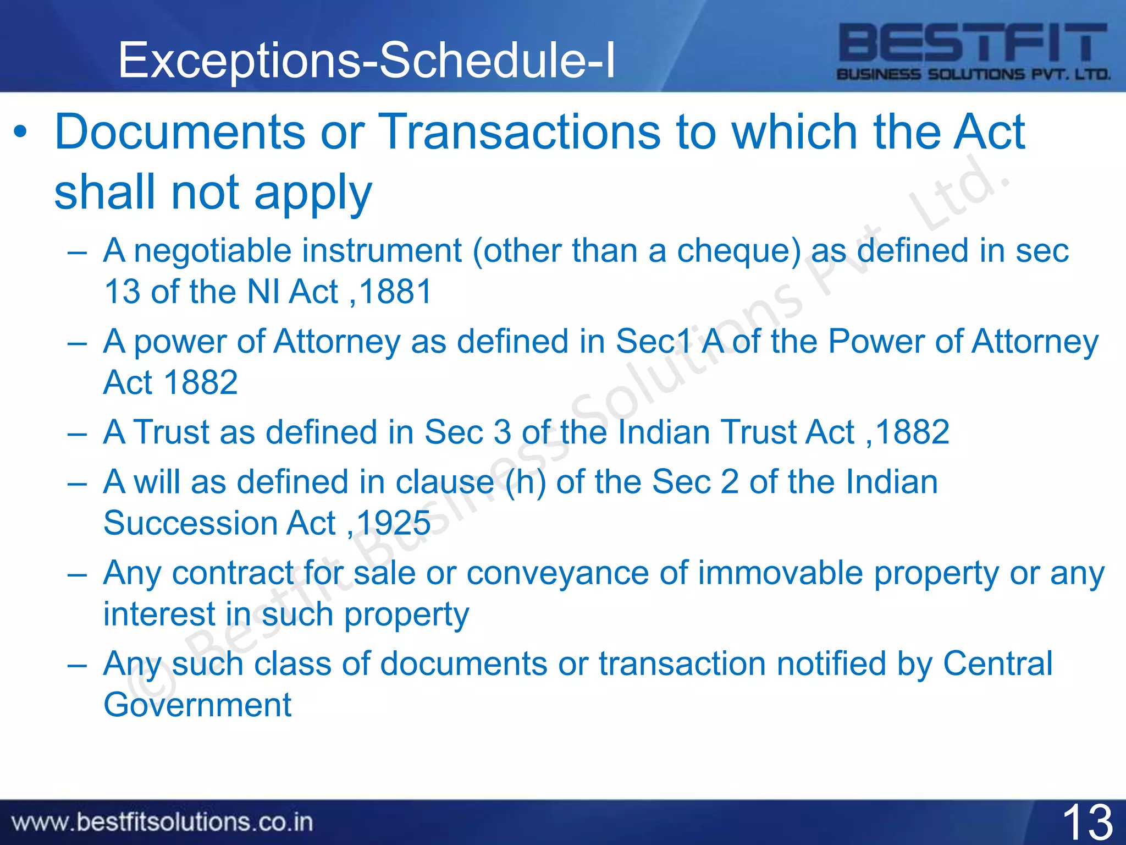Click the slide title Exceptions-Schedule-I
tap(367, 61)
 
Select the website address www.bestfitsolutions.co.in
tap(163, 822)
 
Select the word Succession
tap(190, 523)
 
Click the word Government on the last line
tap(197, 705)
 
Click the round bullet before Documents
tap(20, 132)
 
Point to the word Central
tap(997, 663)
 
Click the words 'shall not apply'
tap(213, 193)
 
